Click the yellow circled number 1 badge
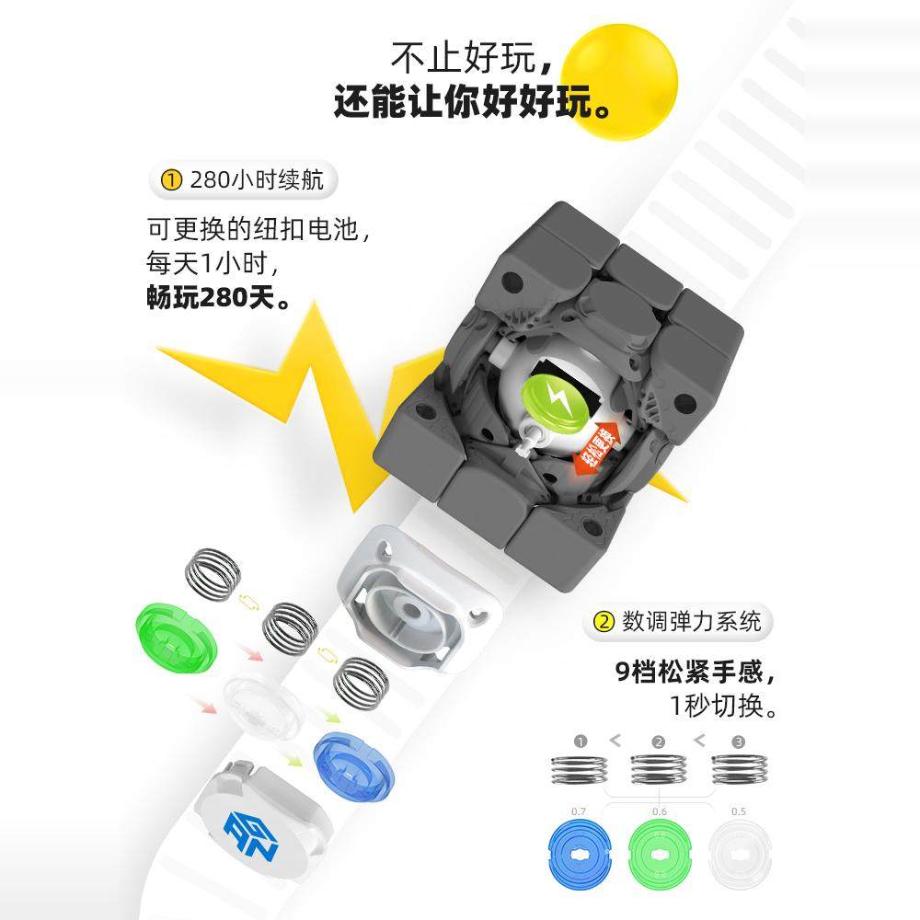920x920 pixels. point(170,180)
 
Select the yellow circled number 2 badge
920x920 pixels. point(604,622)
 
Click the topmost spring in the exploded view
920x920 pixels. point(214,573)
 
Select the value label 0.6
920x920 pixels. point(659,812)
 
